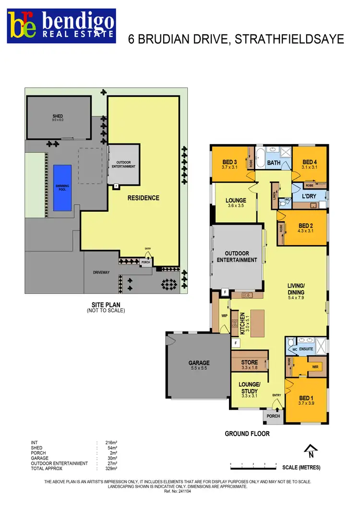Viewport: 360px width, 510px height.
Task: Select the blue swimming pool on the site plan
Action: pos(62,188)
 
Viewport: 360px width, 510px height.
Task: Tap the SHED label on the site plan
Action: pos(58,116)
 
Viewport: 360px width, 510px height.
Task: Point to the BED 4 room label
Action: pos(310,161)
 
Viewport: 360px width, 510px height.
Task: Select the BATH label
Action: pos(274,163)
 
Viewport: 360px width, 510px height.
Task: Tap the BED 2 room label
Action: pos(306,225)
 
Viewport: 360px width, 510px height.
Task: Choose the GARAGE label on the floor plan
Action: pos(199,363)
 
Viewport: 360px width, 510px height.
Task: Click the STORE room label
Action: pos(249,363)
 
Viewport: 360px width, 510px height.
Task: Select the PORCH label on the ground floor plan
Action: pos(273,416)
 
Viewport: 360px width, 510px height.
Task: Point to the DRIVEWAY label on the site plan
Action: pos(101,272)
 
